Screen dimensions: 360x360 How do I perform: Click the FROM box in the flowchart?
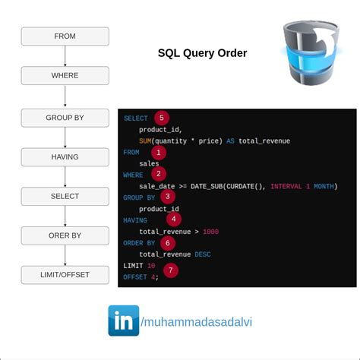[x=65, y=36]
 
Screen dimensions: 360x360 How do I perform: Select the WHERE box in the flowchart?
[x=65, y=75]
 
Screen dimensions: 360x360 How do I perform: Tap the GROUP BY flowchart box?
[x=65, y=117]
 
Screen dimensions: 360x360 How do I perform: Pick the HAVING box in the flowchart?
[x=65, y=156]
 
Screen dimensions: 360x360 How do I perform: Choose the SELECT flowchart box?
[x=65, y=196]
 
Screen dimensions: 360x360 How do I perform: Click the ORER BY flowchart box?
[x=65, y=235]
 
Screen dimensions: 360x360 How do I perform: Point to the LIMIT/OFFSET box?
[x=65, y=274]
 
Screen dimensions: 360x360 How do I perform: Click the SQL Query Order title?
[x=202, y=53]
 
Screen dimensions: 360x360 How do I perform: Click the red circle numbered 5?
[x=160, y=118]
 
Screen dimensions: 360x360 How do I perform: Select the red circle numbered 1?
[x=158, y=153]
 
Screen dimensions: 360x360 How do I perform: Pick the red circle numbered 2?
[x=159, y=174]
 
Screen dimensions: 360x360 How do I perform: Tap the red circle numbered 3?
[x=167, y=197]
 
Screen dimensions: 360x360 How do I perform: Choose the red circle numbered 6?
[x=167, y=243]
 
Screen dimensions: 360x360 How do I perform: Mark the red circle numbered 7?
[x=171, y=270]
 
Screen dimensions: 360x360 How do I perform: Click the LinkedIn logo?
[x=123, y=320]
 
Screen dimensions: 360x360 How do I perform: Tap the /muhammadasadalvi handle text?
[x=197, y=321]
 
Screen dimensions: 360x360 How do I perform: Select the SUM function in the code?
[x=145, y=141]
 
